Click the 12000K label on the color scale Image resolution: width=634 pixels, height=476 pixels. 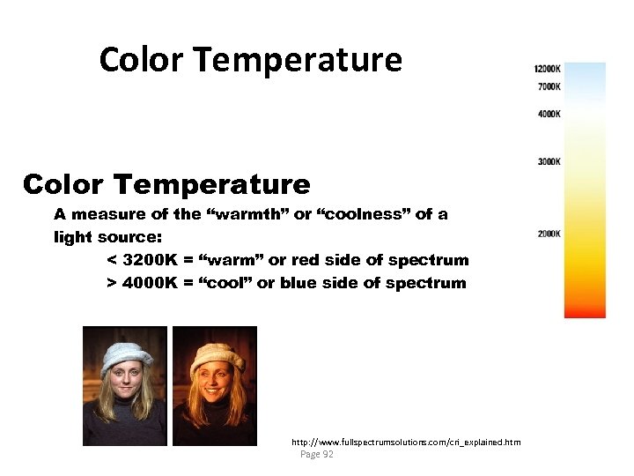(x=547, y=69)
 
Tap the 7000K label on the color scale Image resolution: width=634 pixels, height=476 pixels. (x=549, y=86)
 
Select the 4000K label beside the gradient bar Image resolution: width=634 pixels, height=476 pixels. (x=549, y=114)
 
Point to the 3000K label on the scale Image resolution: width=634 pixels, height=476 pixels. (x=549, y=162)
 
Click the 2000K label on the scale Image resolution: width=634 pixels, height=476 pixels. (x=549, y=234)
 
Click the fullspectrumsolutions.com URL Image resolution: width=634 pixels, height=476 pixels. (x=406, y=441)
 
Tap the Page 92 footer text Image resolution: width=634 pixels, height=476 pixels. (x=317, y=454)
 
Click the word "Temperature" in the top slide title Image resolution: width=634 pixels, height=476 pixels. (x=297, y=60)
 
